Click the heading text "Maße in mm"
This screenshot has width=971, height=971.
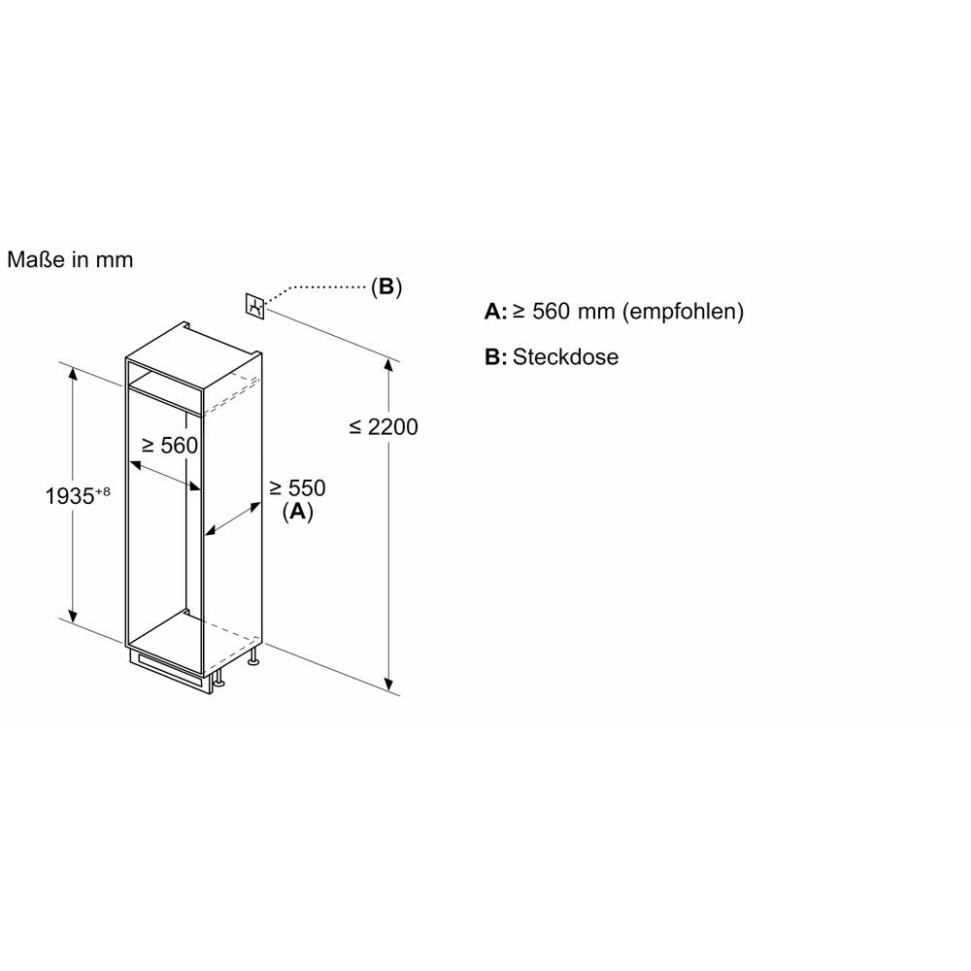tap(70, 259)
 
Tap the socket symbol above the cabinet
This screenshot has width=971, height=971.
tap(255, 306)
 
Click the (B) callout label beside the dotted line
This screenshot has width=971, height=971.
tap(386, 286)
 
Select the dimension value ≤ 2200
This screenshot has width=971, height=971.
tap(384, 426)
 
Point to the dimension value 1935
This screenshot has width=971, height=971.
tap(69, 496)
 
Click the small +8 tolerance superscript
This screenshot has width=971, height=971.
tap(103, 491)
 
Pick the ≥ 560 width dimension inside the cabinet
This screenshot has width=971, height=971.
tap(170, 446)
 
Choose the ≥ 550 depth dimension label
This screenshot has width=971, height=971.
tap(297, 488)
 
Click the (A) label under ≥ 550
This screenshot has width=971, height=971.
tap(298, 512)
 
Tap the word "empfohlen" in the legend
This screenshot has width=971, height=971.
tap(683, 311)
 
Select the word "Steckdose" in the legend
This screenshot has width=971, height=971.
tap(565, 357)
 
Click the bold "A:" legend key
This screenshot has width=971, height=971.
tap(495, 312)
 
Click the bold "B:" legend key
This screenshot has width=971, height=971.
tap(495, 357)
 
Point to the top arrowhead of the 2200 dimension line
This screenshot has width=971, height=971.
tap(388, 363)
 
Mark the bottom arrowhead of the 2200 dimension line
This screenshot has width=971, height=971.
tap(388, 685)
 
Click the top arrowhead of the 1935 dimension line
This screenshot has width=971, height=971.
tap(73, 373)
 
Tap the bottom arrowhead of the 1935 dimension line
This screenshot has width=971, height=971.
tap(73, 617)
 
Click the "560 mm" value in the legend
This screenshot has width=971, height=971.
tap(574, 311)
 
